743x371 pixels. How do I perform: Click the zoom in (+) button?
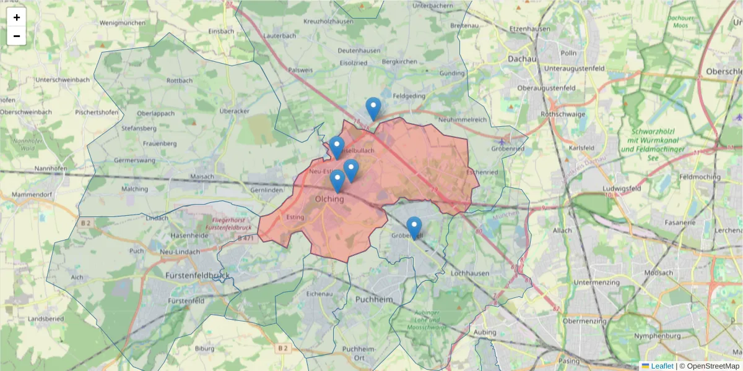(17, 17)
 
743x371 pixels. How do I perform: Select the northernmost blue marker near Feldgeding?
(373, 108)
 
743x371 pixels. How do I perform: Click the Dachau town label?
(521, 58)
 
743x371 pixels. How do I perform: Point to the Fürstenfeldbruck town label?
(198, 274)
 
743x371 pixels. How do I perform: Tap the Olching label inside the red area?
(329, 199)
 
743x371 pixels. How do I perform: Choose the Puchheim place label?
(374, 299)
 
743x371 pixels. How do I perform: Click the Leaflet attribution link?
(662, 366)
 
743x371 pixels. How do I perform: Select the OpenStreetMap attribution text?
(709, 366)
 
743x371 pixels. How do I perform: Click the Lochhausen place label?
(471, 273)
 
